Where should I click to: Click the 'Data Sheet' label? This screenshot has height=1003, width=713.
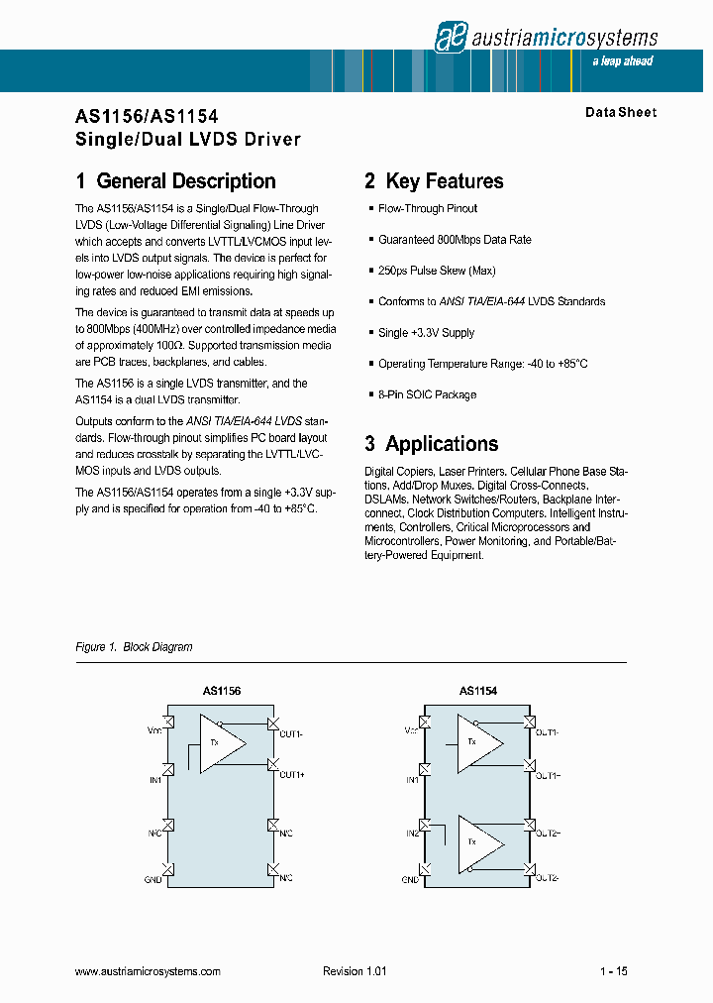tap(620, 112)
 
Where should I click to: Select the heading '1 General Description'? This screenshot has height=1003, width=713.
tap(175, 181)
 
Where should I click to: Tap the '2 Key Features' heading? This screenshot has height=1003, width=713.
tap(434, 181)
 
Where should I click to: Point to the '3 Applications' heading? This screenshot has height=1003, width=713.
tap(431, 444)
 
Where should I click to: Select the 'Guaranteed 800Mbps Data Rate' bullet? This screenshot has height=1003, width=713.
tap(455, 240)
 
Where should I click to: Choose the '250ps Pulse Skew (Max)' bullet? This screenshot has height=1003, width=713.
tap(437, 271)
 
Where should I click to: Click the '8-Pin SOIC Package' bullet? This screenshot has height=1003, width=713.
tap(427, 394)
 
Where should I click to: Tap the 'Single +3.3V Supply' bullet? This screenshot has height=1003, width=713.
tap(426, 333)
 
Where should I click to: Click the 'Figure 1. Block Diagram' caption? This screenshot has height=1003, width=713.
tap(134, 647)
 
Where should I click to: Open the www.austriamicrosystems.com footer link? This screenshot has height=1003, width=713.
tap(148, 972)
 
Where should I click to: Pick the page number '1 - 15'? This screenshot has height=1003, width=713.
tap(613, 972)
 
